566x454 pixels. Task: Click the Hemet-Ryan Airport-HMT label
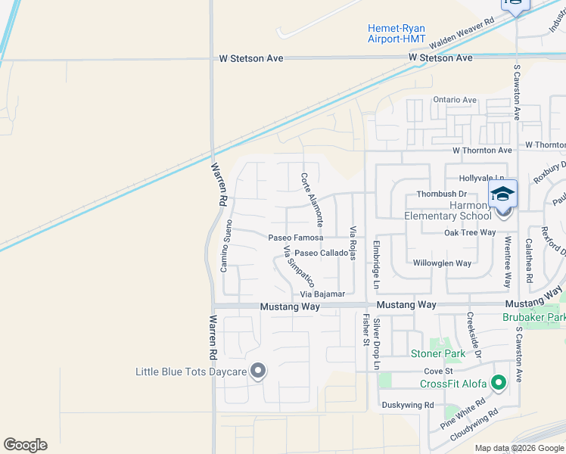397,33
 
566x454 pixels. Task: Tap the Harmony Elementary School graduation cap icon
502,194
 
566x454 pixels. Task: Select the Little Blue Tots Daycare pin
259,371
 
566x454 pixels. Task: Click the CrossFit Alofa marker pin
498,383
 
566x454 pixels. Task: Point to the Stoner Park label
437,353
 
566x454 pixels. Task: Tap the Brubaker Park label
534,318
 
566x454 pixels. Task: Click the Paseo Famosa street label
296,237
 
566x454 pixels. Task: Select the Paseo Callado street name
321,253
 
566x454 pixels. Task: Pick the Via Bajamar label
322,294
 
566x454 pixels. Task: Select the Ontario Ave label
454,100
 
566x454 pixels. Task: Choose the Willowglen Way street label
442,263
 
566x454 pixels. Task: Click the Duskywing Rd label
407,405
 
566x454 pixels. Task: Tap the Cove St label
437,372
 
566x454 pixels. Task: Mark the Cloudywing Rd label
474,426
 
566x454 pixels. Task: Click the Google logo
25,445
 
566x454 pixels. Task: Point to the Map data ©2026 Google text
518,448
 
